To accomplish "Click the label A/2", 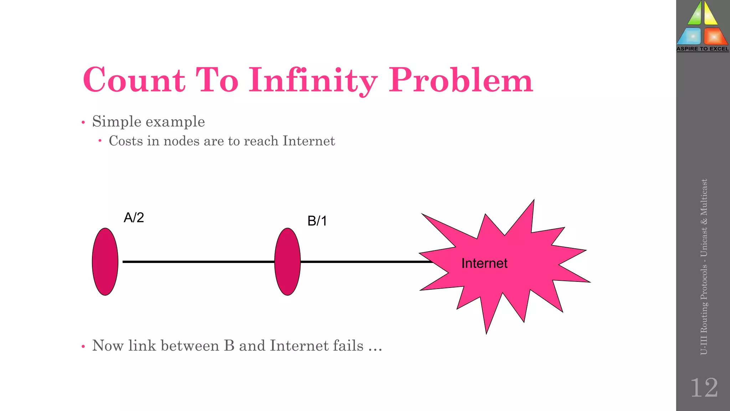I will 134,217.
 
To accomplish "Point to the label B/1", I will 317,221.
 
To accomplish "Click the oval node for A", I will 105,262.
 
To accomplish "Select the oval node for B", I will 287,262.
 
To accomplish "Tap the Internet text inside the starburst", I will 484,263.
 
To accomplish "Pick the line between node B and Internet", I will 364,262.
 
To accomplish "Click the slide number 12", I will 704,387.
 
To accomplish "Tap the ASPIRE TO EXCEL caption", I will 703,49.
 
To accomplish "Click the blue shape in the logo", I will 690,36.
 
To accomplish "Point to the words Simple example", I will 148,121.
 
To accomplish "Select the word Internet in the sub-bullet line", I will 309,141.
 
